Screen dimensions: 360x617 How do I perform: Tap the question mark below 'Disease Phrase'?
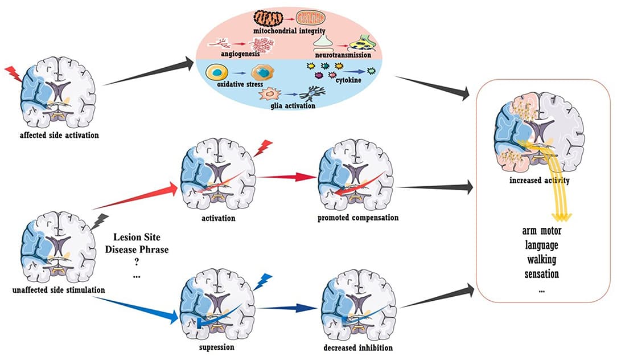pyautogui.click(x=136, y=263)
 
